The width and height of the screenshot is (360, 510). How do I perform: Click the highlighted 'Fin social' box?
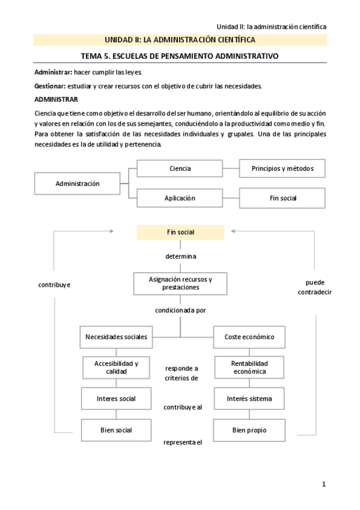(180, 232)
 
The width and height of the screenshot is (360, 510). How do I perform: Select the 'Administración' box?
(78, 183)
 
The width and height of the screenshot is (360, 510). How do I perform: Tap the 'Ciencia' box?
(180, 168)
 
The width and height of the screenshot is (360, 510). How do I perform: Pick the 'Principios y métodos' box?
(282, 168)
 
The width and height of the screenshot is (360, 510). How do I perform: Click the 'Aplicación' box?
(180, 198)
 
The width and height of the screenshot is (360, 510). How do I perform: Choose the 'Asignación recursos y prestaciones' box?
(180, 283)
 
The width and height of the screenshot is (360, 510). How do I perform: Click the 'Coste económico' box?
(249, 337)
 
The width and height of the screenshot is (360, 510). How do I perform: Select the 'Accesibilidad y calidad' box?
(117, 367)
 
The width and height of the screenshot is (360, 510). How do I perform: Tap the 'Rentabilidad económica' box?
(249, 367)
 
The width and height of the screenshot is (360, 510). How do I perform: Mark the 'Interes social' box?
(116, 399)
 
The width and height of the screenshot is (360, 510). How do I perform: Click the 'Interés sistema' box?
(249, 399)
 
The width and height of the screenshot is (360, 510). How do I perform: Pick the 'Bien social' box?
(116, 430)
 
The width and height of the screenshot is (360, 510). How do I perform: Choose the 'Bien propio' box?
(249, 430)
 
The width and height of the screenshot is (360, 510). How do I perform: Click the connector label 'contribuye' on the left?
(54, 284)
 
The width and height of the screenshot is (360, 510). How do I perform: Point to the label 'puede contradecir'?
(314, 286)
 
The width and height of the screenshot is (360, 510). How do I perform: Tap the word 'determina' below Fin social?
(181, 256)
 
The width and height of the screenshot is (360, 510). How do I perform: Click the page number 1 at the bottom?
(323, 484)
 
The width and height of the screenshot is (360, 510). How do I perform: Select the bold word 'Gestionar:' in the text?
(50, 86)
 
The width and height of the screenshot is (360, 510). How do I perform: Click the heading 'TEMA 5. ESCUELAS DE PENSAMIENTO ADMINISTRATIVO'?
(180, 56)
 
